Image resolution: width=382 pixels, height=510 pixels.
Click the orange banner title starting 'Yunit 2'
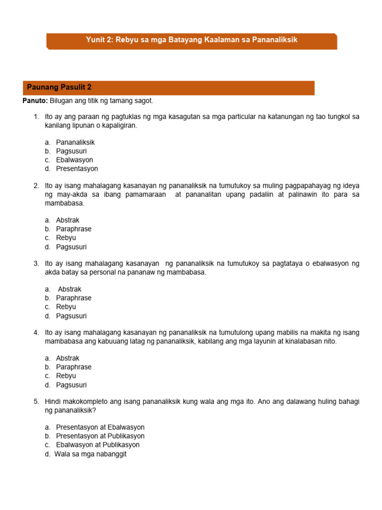[x=191, y=40]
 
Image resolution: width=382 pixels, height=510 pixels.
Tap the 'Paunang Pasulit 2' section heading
[x=59, y=87]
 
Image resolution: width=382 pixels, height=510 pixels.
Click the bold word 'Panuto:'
[x=35, y=101]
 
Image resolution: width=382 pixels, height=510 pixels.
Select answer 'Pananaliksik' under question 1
[x=75, y=142]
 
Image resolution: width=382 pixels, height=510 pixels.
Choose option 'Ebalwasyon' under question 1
[x=74, y=160]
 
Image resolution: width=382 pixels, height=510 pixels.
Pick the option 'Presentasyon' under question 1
[x=77, y=169]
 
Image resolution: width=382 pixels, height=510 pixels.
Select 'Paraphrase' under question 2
[x=74, y=229]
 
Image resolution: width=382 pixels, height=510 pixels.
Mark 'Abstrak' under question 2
[x=68, y=220]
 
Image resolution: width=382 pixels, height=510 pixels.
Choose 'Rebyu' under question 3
[x=66, y=307]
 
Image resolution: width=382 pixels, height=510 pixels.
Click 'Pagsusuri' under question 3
[x=71, y=316]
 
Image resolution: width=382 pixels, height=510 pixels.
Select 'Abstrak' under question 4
[x=68, y=358]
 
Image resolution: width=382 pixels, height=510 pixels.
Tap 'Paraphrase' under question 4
[x=74, y=367]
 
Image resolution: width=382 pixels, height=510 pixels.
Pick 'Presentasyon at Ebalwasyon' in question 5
[x=100, y=427]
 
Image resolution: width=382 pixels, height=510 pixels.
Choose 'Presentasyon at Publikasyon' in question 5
[x=100, y=436]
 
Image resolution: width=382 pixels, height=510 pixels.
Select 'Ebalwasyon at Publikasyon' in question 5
[x=97, y=445]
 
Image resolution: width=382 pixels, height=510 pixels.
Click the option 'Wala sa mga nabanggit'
[x=91, y=454]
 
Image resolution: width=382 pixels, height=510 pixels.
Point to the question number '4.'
[x=36, y=332]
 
